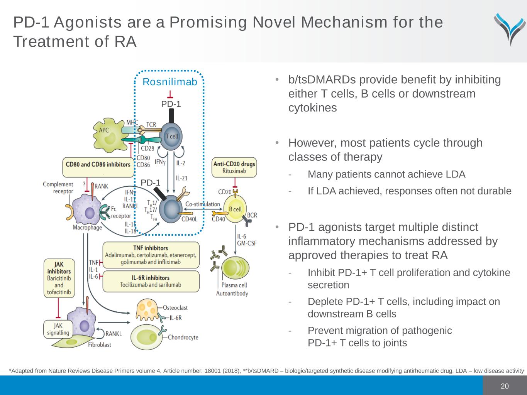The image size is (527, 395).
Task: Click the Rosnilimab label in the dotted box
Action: coord(170,82)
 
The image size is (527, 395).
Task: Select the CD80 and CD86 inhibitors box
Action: coord(98,165)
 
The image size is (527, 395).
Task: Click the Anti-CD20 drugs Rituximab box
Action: coord(234,167)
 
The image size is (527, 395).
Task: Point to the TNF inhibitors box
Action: coord(151,255)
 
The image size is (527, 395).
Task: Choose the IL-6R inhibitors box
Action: coord(151,281)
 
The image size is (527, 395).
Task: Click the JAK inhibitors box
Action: coord(59,278)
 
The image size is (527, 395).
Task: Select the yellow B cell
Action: coord(235,209)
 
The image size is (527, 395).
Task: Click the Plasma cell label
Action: coord(234,285)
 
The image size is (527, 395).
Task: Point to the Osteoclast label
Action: coord(175,307)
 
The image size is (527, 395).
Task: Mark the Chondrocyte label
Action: coord(183,338)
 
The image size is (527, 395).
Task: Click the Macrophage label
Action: coord(88,228)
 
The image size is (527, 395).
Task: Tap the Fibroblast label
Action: coord(99,344)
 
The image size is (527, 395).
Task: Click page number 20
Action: coord(505,386)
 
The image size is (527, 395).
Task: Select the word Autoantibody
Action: coord(232,294)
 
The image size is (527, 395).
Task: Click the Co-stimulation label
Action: coord(202,204)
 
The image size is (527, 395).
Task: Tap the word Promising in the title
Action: coord(208,22)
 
